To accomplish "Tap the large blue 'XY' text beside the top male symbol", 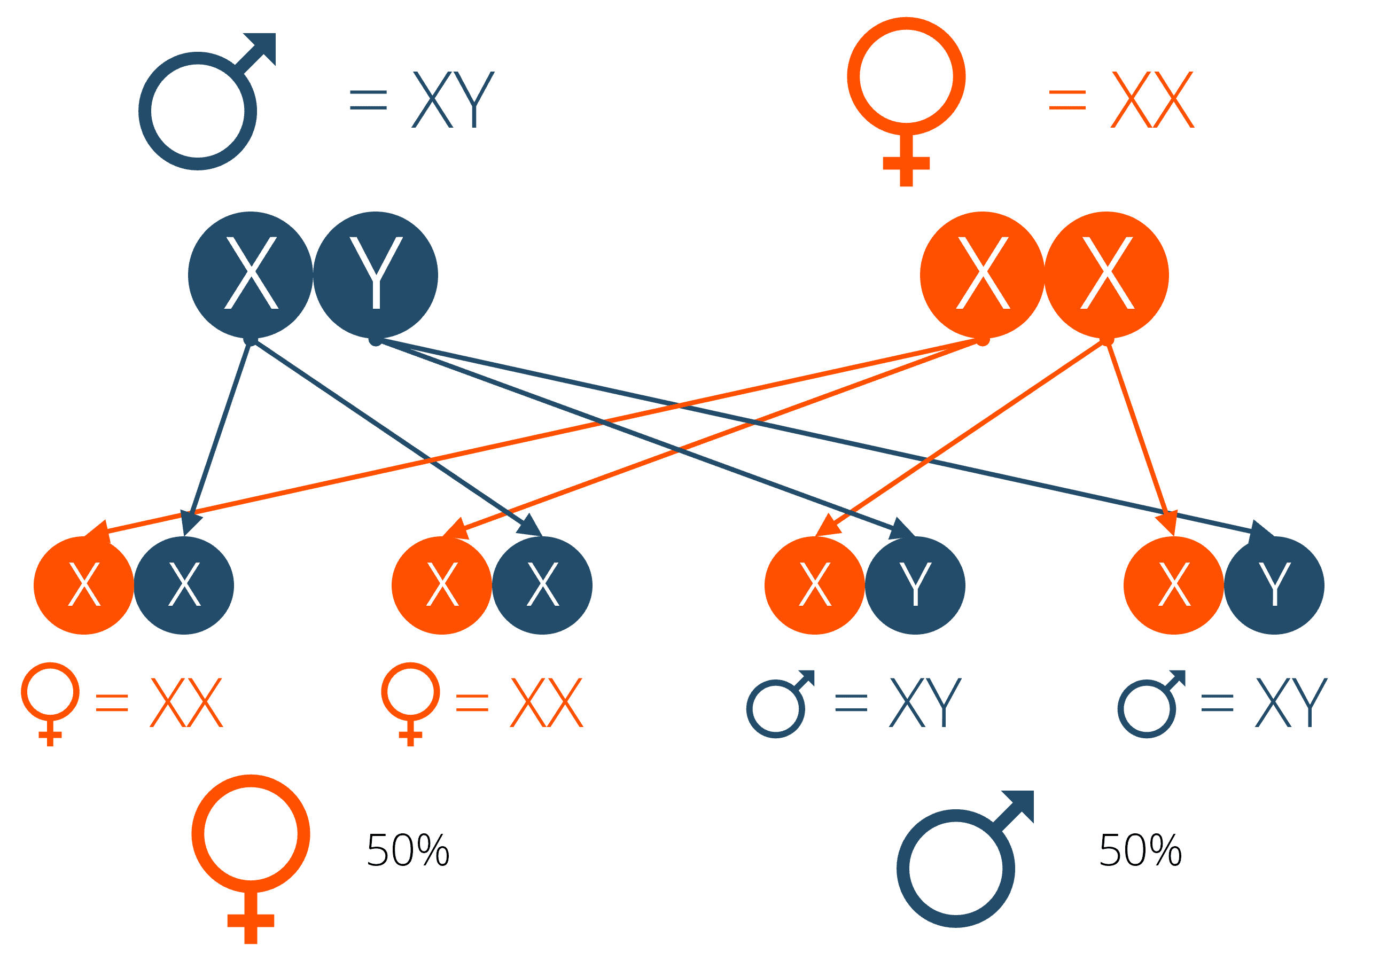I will (x=453, y=99).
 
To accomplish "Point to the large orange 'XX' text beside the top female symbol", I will (x=1152, y=99).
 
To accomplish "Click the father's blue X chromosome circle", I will (x=251, y=275).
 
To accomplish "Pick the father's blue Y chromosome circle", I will (x=376, y=275).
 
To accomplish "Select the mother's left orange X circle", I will (x=983, y=275).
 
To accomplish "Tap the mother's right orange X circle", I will (x=1107, y=275).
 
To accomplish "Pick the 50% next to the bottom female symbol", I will (x=408, y=851).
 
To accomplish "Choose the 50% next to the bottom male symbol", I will (x=1140, y=851).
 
